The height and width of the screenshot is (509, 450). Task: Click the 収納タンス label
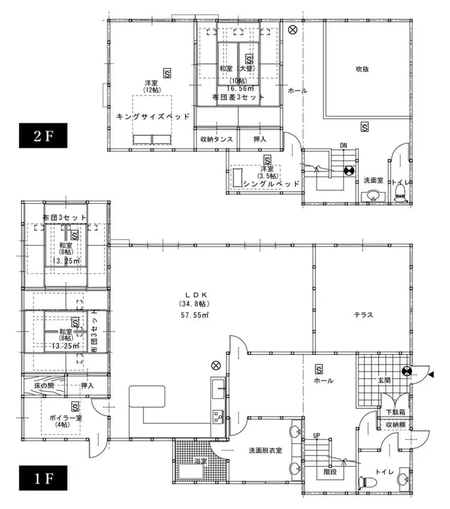coord(215,139)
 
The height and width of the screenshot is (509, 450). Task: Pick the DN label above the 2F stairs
coord(343,145)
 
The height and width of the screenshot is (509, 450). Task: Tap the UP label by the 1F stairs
coord(316,435)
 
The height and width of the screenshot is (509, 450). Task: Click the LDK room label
coord(196,294)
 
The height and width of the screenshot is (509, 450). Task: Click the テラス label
coord(364,314)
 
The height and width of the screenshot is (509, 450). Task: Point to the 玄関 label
coord(384,380)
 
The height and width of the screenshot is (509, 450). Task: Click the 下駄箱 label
coord(394,412)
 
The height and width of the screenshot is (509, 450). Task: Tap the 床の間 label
coord(44,385)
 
